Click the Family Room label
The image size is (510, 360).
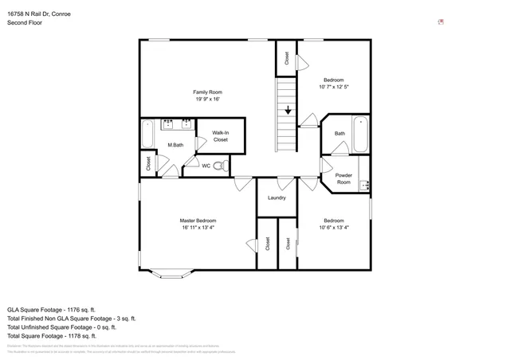(206, 92)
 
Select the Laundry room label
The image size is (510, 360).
(277, 198)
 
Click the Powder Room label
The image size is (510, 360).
(343, 178)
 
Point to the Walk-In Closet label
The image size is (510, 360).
(220, 136)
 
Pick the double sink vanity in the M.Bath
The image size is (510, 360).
(176, 123)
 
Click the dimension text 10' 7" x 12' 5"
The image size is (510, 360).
(334, 87)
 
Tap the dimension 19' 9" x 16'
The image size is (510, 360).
(206, 100)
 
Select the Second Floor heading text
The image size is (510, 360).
(25, 23)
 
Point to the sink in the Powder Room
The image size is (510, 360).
(365, 186)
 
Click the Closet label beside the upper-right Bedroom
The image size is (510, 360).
(287, 57)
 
